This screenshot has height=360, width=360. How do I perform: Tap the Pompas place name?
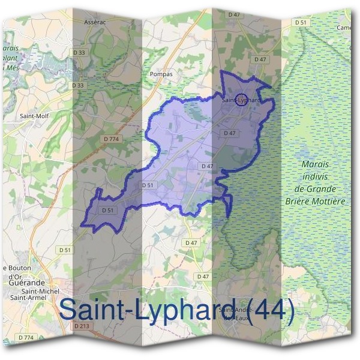(x=160, y=74)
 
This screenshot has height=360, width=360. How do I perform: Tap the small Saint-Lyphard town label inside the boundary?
(x=241, y=100)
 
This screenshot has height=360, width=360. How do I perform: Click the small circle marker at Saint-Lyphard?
(x=241, y=98)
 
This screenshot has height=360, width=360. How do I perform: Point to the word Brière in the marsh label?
(x=301, y=202)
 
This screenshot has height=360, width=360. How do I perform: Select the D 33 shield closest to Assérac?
(x=79, y=53)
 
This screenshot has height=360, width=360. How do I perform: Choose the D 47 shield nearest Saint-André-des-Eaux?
(x=203, y=276)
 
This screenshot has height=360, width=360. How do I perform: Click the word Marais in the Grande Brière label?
(x=316, y=164)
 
